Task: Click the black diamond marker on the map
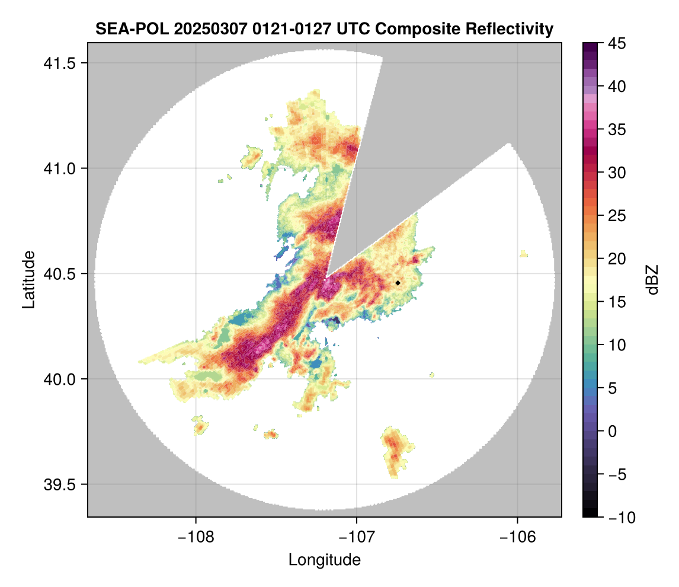[x=398, y=283]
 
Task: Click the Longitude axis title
[x=324, y=560]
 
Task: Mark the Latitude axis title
[x=28, y=279]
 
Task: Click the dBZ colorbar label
[x=652, y=280]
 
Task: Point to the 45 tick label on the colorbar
[x=619, y=43]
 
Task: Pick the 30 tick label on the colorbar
[x=619, y=173]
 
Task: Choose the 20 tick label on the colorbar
[x=619, y=259]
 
